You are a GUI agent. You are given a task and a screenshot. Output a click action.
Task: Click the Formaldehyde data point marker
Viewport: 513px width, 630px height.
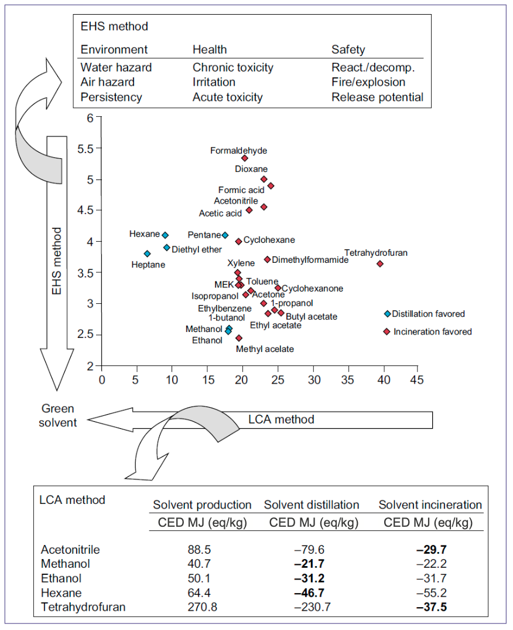(x=245, y=158)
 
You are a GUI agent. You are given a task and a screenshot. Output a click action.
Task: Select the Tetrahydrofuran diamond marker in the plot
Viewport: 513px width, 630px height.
(x=379, y=264)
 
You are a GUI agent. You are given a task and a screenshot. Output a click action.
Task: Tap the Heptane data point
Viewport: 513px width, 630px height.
(x=147, y=254)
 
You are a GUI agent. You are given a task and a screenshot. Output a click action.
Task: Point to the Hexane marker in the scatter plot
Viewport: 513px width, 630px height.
(x=165, y=235)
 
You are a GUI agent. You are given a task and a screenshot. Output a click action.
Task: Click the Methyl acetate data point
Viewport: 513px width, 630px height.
(x=239, y=338)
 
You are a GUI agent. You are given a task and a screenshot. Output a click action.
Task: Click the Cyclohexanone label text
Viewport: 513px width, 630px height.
(x=313, y=289)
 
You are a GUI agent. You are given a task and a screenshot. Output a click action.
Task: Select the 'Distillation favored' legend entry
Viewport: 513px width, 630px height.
(x=428, y=314)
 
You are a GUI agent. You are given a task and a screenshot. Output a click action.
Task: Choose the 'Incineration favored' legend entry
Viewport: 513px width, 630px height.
(x=432, y=331)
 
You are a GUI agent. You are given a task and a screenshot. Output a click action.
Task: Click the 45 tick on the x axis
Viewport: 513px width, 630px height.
(x=417, y=379)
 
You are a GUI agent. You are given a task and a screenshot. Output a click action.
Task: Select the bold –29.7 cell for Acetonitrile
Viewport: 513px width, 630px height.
(x=430, y=550)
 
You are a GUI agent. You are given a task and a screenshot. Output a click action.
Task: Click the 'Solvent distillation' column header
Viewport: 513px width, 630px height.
(x=312, y=504)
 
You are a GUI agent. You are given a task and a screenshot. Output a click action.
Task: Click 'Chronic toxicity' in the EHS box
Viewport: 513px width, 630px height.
(x=233, y=67)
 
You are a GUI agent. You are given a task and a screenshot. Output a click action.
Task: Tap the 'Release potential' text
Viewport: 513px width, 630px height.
(x=377, y=97)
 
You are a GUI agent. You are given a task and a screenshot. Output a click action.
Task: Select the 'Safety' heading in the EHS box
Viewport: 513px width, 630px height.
(x=348, y=50)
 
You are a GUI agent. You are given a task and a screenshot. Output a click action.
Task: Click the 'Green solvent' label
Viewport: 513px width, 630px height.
(x=59, y=415)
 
